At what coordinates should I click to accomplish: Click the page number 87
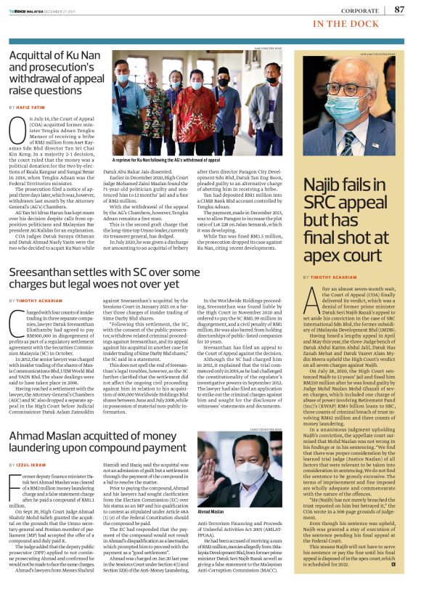point(399,9)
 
